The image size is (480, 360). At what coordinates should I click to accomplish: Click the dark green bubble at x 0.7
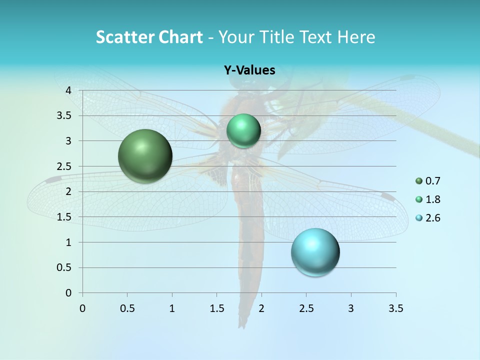(x=145, y=156)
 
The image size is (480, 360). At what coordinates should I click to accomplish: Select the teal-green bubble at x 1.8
(x=243, y=130)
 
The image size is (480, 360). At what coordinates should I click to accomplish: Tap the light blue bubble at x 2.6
(x=315, y=252)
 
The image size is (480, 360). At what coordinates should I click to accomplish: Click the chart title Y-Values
(x=249, y=70)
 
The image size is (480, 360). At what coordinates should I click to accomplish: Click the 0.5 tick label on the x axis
(x=127, y=308)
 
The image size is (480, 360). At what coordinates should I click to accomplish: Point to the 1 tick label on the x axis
(x=172, y=308)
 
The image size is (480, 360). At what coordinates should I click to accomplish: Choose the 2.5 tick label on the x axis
(x=306, y=308)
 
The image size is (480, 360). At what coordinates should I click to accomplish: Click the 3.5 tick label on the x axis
(x=396, y=308)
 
